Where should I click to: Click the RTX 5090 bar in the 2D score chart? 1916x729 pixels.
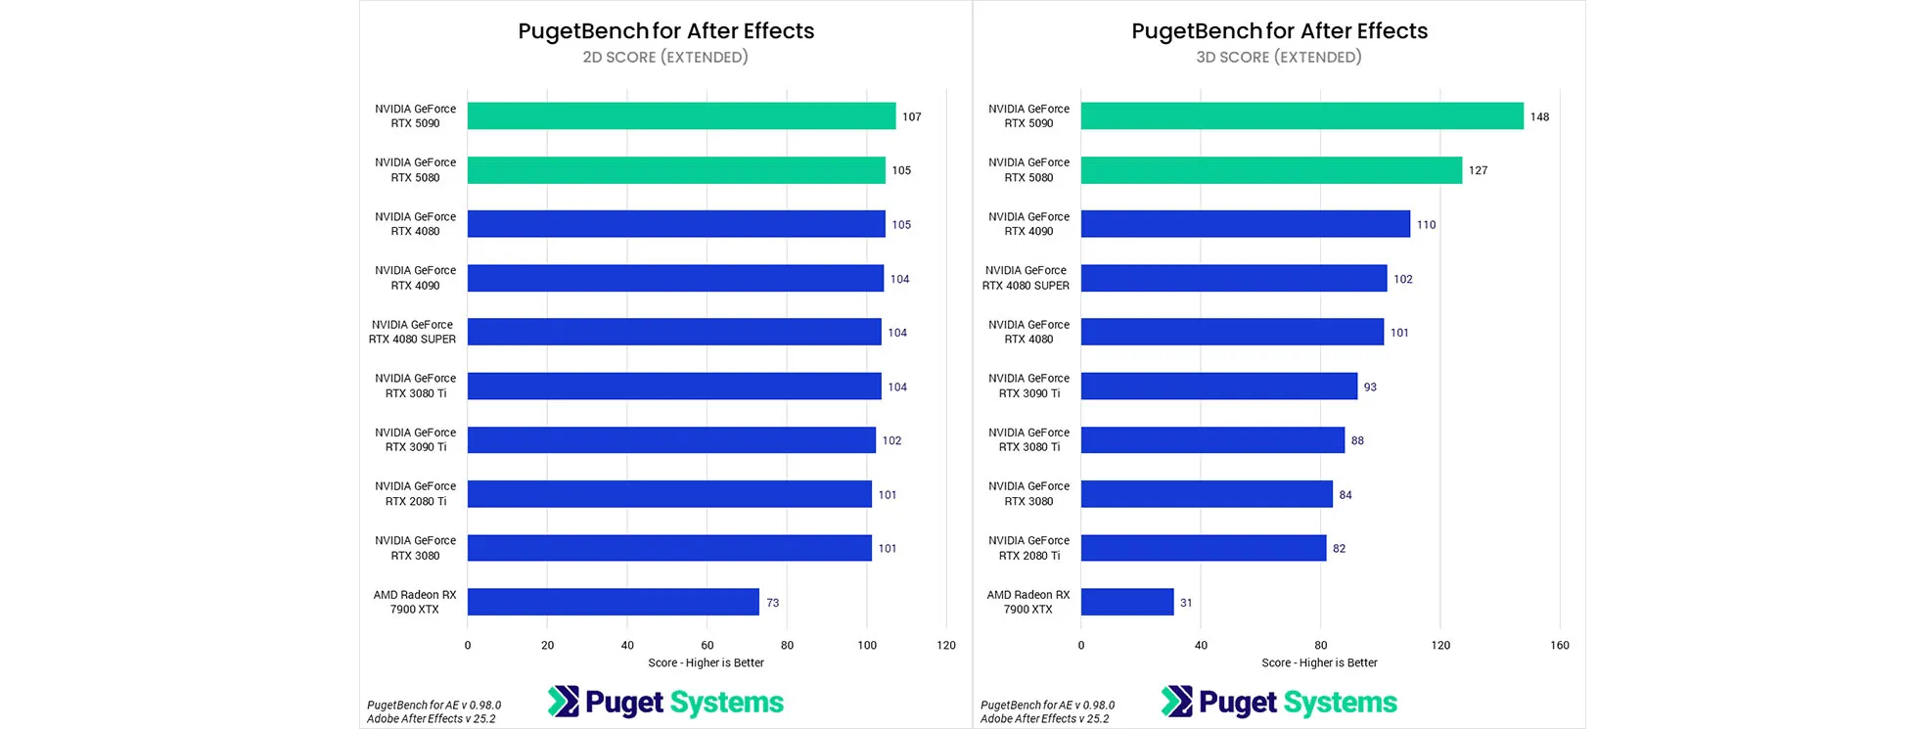tap(681, 115)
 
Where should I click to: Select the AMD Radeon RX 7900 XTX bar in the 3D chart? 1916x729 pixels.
tap(1126, 602)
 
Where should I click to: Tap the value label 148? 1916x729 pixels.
tap(1539, 116)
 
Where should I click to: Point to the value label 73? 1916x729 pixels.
tap(772, 603)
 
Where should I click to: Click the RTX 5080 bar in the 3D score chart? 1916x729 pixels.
tap(1270, 170)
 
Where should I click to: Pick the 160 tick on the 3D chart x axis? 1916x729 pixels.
tap(1559, 645)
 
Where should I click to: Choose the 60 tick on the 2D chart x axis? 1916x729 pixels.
tap(707, 645)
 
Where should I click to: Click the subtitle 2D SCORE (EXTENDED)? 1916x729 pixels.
tap(665, 57)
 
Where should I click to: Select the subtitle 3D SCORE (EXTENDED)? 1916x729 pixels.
tap(1278, 57)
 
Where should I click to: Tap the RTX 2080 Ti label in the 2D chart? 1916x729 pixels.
tap(415, 493)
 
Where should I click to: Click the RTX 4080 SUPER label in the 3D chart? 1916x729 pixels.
tap(1026, 278)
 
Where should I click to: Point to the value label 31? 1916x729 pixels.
tap(1186, 603)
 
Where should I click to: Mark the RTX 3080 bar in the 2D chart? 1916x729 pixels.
tap(669, 548)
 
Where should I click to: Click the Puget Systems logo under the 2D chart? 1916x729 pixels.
tap(665, 702)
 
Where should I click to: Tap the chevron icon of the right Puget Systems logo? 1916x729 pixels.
tap(1176, 702)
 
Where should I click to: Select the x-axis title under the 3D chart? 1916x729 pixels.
tap(1319, 662)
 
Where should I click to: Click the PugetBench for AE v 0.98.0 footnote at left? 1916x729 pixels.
tap(433, 705)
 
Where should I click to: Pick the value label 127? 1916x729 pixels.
tap(1478, 170)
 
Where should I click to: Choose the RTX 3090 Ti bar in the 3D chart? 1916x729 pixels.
tap(1218, 387)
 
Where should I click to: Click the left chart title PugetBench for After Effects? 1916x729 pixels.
tap(665, 30)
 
